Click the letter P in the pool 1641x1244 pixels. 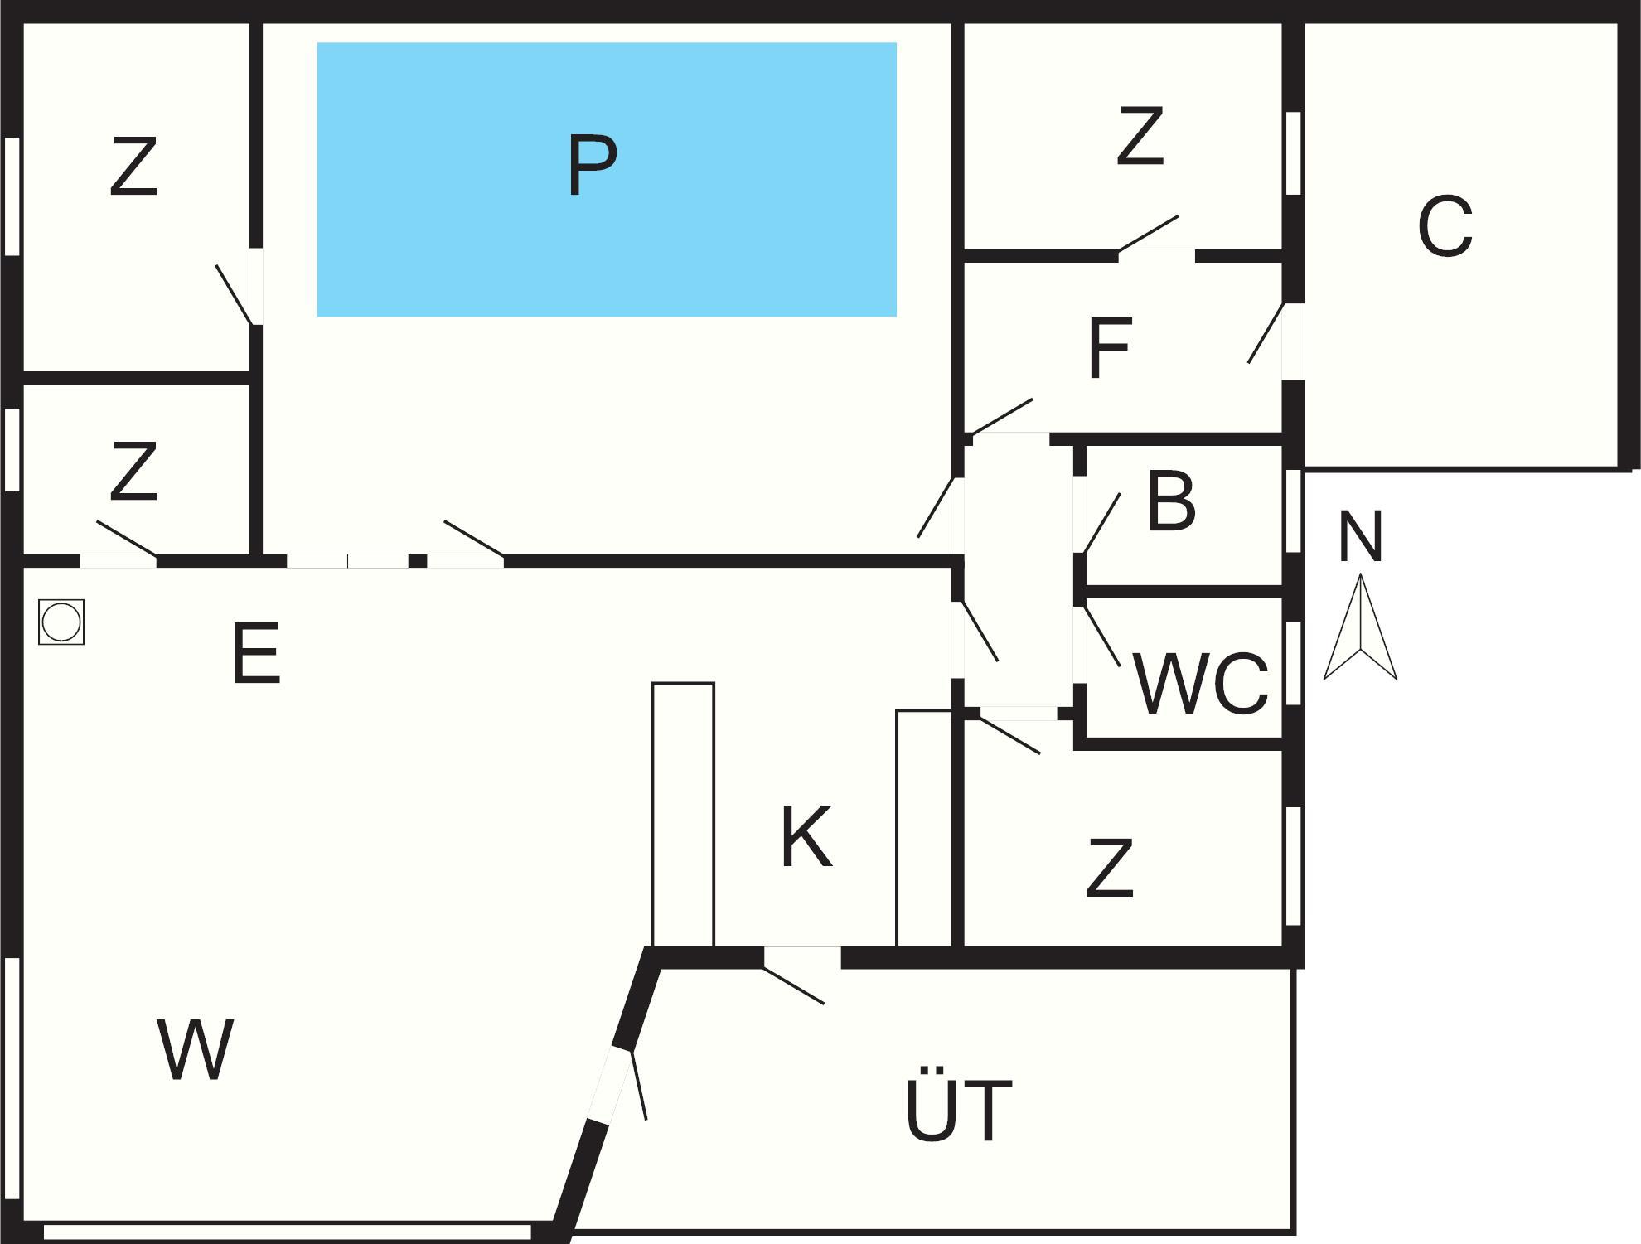(593, 166)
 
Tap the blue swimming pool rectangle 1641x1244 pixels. (746, 249)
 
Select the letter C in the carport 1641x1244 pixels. (1445, 226)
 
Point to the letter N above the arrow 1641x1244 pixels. (1360, 537)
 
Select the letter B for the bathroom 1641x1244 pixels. (1171, 501)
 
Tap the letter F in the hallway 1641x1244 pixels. (1109, 349)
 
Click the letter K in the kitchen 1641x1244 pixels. (806, 837)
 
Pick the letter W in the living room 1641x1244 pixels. (195, 1049)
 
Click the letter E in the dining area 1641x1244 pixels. (256, 654)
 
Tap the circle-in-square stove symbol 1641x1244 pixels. (61, 622)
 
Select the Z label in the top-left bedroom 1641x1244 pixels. (133, 167)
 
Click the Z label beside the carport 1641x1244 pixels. (1140, 136)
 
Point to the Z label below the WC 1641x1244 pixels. (1110, 868)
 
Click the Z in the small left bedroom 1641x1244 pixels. (133, 472)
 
